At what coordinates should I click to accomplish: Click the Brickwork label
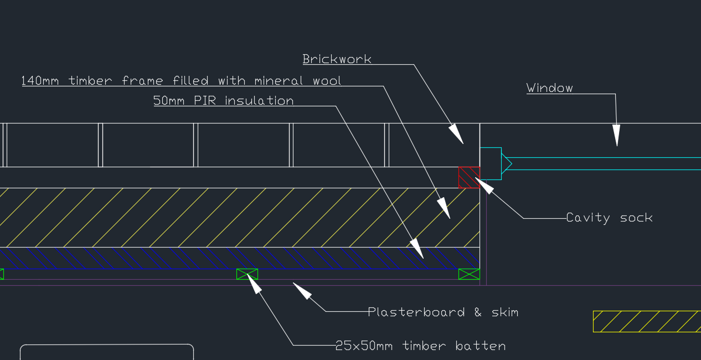coord(337,59)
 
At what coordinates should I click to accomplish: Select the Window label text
coord(549,88)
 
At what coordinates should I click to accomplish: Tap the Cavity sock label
coord(609,218)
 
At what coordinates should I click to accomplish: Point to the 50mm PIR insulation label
coord(224,101)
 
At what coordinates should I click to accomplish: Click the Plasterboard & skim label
coord(443,312)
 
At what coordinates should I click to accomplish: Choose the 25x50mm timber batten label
coord(420,346)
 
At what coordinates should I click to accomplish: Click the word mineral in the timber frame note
coord(279,81)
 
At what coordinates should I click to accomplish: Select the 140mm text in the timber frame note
coord(40,81)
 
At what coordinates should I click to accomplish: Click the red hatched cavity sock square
coord(469,177)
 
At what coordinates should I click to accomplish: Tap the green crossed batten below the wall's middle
coord(247,274)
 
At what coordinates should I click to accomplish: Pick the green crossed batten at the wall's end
coord(469,274)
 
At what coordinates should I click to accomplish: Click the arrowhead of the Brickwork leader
coord(457,134)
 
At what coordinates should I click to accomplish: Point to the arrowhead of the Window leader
coord(616,135)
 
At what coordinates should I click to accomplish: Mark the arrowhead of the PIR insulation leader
coord(417,248)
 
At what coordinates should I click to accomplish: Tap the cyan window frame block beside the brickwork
coord(491,164)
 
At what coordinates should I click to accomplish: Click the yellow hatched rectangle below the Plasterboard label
coord(647,321)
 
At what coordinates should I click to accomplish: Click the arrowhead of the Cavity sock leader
coord(484,186)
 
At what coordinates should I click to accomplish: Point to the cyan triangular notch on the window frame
coord(506,164)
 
